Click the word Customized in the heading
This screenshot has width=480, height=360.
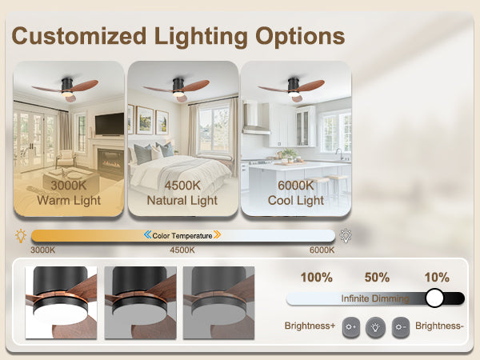tap(79, 36)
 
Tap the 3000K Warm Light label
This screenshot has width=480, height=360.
tap(69, 193)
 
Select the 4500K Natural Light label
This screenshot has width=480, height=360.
tap(182, 193)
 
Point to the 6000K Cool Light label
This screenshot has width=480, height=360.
tap(296, 193)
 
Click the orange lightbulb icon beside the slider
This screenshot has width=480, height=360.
tap(21, 236)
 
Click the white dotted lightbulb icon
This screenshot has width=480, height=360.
tap(346, 236)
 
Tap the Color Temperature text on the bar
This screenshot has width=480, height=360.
tap(182, 236)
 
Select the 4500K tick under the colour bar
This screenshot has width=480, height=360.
tap(182, 250)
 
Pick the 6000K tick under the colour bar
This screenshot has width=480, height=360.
tap(322, 250)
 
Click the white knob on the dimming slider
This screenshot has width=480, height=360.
tap(434, 298)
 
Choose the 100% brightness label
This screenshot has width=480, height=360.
tap(317, 278)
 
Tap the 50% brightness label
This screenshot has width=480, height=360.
tap(377, 278)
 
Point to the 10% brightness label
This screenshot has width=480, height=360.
tap(437, 278)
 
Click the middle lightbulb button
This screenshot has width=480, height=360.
tap(376, 327)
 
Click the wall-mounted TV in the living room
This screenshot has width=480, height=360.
tap(110, 124)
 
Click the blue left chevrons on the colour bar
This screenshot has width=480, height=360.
tap(147, 234)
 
